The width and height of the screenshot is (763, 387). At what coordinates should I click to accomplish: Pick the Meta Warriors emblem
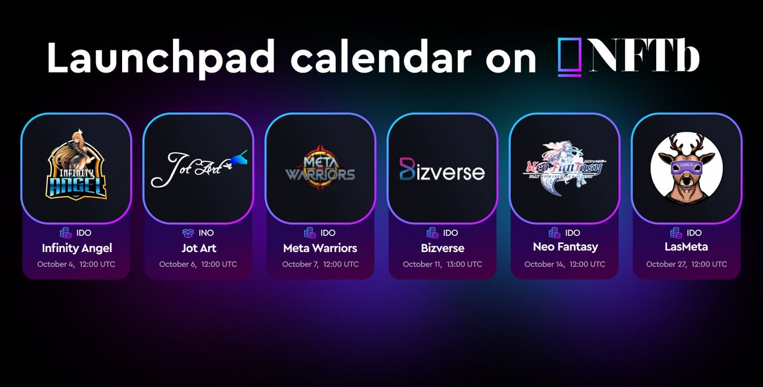click(320, 169)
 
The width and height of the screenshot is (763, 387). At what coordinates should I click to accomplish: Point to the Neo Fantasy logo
click(564, 169)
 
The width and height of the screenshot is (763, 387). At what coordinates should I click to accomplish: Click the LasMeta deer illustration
click(686, 169)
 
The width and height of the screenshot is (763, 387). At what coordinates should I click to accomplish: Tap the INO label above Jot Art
click(206, 233)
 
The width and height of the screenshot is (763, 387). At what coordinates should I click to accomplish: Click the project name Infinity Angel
click(76, 248)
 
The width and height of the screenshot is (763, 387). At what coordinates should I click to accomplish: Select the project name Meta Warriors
click(320, 248)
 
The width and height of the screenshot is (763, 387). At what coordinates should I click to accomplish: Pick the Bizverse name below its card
click(442, 248)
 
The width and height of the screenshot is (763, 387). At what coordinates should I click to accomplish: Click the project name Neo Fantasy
click(565, 248)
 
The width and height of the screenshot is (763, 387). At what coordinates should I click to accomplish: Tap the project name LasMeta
click(686, 248)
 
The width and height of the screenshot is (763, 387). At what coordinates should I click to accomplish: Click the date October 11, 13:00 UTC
click(442, 264)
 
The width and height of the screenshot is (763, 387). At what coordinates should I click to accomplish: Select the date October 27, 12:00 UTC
click(686, 264)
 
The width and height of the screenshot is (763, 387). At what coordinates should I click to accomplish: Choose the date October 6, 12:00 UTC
click(198, 264)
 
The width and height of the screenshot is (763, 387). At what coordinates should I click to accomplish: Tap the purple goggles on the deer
click(686, 167)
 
